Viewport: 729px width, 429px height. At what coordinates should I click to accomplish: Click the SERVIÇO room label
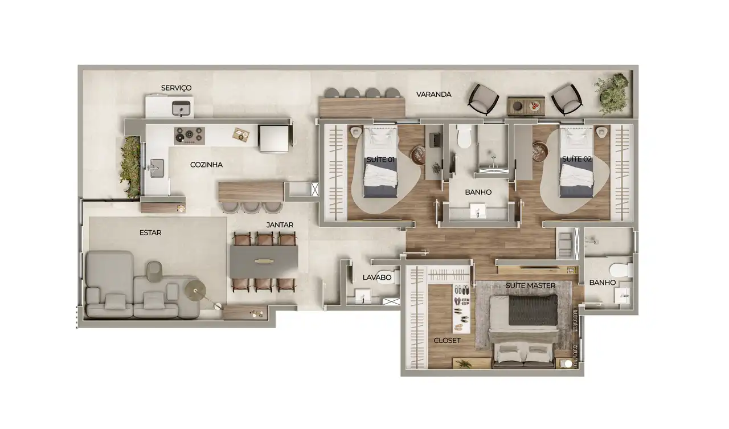click(176, 88)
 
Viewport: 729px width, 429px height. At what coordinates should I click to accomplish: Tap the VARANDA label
click(434, 95)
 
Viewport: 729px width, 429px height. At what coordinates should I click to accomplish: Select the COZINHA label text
click(206, 165)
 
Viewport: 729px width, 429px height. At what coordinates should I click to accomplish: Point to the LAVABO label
click(377, 277)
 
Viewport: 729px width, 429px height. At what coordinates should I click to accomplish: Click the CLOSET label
click(447, 341)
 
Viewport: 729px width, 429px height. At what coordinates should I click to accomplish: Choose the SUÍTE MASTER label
click(530, 285)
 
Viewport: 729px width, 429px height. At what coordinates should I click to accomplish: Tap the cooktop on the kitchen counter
click(190, 136)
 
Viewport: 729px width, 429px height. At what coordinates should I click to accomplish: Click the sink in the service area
click(181, 108)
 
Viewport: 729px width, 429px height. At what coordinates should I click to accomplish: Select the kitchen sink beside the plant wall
click(157, 168)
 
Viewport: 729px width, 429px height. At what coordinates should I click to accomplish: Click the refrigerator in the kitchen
click(273, 138)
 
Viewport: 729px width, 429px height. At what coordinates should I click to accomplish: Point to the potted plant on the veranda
click(611, 93)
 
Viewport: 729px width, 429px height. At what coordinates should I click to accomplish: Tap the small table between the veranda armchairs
click(526, 106)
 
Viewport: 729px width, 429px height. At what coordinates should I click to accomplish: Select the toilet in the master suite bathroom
click(621, 270)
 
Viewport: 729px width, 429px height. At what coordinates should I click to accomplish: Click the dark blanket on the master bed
click(533, 309)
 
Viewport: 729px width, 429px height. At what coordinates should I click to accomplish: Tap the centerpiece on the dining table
click(264, 261)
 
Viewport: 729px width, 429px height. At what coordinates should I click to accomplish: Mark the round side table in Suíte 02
click(540, 152)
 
